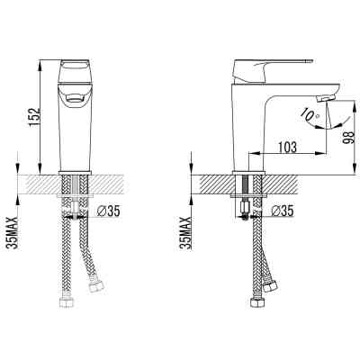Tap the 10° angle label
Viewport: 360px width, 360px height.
(310, 115)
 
